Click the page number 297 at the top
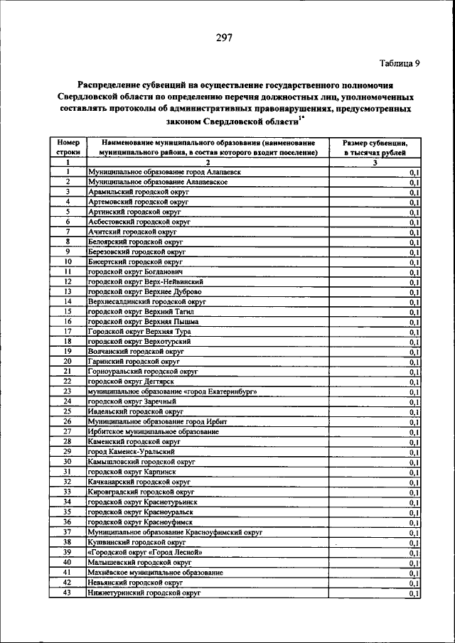coord(227,38)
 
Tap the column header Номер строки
coord(67,147)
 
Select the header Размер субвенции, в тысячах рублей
coord(374,147)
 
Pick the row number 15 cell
coord(67,311)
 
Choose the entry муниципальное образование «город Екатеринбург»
coord(171,391)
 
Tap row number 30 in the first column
coord(67,461)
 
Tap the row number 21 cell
coord(67,371)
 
